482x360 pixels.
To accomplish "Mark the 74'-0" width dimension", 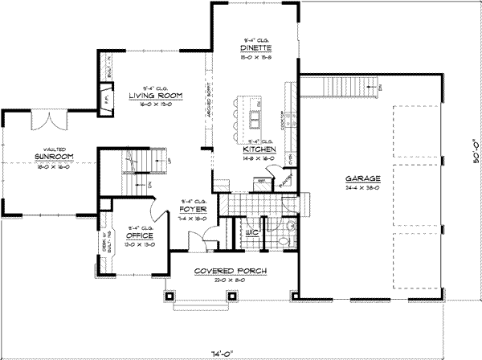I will click(x=240, y=352).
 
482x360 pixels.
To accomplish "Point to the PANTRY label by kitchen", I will click(x=288, y=184).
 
